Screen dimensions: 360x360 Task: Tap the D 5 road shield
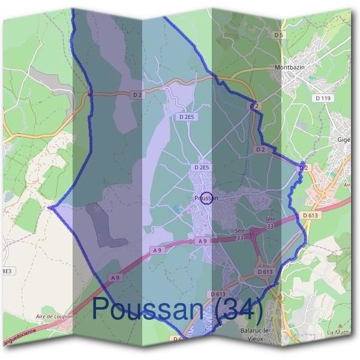tap(277, 35)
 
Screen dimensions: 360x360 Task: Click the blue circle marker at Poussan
tap(206, 197)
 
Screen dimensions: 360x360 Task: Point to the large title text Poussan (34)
tap(178, 310)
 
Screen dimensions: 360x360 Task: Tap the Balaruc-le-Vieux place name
tap(251, 335)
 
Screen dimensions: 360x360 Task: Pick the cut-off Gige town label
tap(343, 140)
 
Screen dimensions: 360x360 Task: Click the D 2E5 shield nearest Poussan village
tap(202, 167)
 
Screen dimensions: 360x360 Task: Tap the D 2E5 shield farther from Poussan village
tap(187, 118)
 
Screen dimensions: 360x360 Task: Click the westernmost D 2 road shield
tap(137, 95)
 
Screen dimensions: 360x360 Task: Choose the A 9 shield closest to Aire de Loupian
tap(115, 278)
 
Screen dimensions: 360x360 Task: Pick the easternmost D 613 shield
tap(310, 215)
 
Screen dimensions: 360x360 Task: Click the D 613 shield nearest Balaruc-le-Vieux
tap(218, 294)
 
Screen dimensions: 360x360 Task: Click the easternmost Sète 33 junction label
tap(269, 223)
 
